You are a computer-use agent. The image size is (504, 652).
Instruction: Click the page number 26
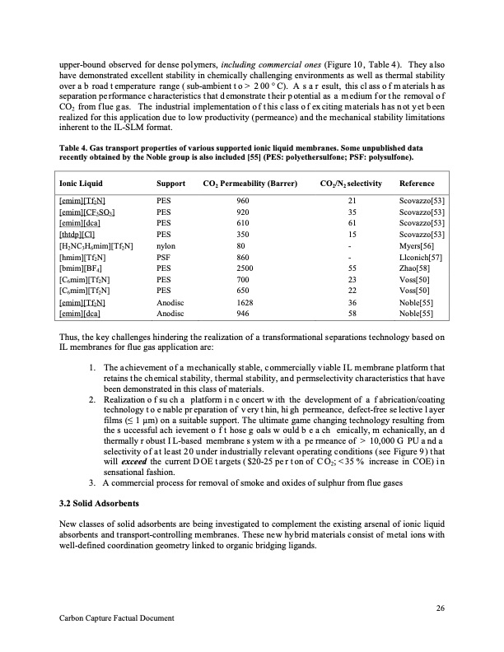point(438,608)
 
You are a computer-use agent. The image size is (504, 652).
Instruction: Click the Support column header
point(170,184)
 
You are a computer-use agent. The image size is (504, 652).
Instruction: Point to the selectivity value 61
point(352,222)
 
